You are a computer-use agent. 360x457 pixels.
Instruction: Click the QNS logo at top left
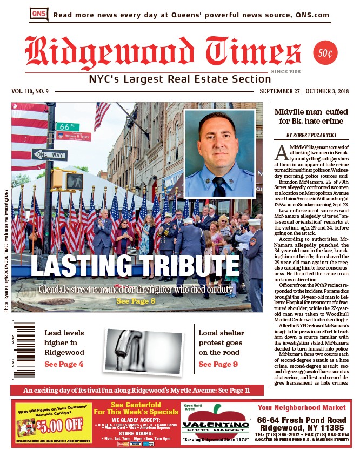tap(38, 15)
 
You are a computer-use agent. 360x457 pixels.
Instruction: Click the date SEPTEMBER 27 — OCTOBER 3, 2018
tap(303, 91)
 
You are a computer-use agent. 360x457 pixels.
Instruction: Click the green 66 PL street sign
tap(68, 126)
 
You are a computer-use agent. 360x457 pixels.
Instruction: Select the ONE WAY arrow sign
tap(49, 155)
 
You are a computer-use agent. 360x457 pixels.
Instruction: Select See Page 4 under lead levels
tap(64, 364)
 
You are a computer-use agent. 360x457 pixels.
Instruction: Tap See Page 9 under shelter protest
tap(218, 364)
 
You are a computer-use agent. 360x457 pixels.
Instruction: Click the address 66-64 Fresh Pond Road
tap(302, 420)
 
